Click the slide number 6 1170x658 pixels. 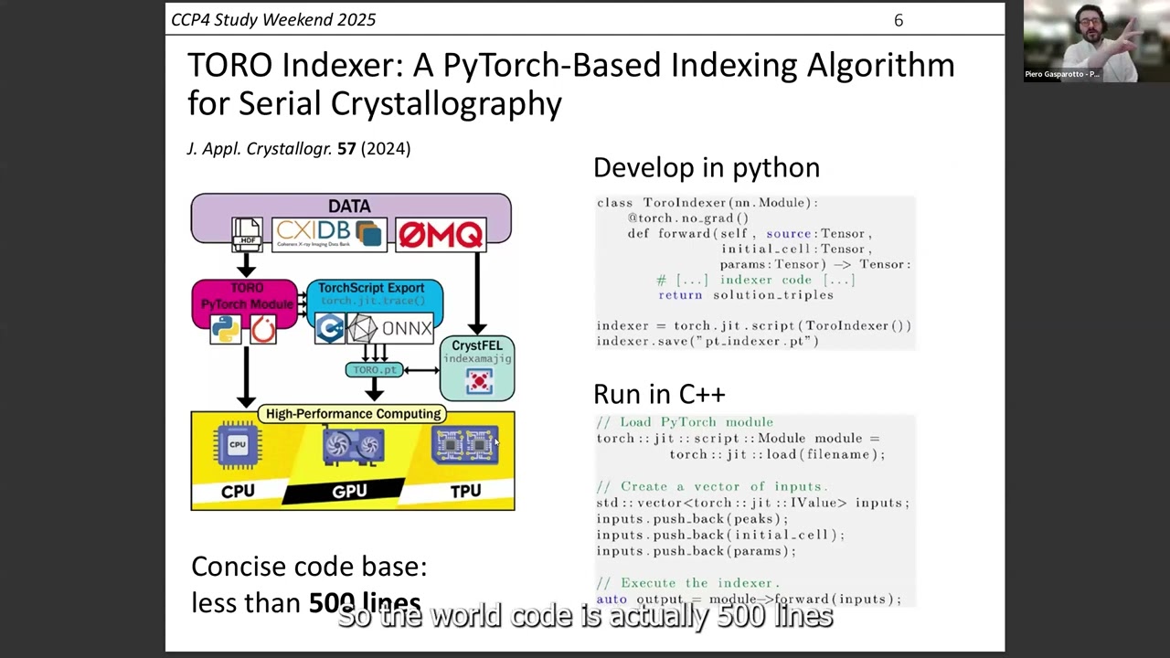click(x=899, y=20)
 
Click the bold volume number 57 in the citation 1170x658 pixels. click(x=346, y=148)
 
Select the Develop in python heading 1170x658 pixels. click(x=706, y=167)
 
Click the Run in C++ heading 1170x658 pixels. click(x=659, y=394)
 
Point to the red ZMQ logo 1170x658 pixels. click(x=440, y=235)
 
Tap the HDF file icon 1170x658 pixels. click(x=247, y=234)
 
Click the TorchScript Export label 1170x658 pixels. click(x=372, y=288)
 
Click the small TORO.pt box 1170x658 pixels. click(x=374, y=370)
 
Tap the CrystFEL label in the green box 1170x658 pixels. click(x=477, y=345)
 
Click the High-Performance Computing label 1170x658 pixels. click(x=353, y=414)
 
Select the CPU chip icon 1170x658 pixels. click(x=238, y=445)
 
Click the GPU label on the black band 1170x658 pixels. click(x=349, y=492)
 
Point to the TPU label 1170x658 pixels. click(x=465, y=492)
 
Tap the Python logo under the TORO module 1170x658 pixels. click(x=225, y=329)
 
